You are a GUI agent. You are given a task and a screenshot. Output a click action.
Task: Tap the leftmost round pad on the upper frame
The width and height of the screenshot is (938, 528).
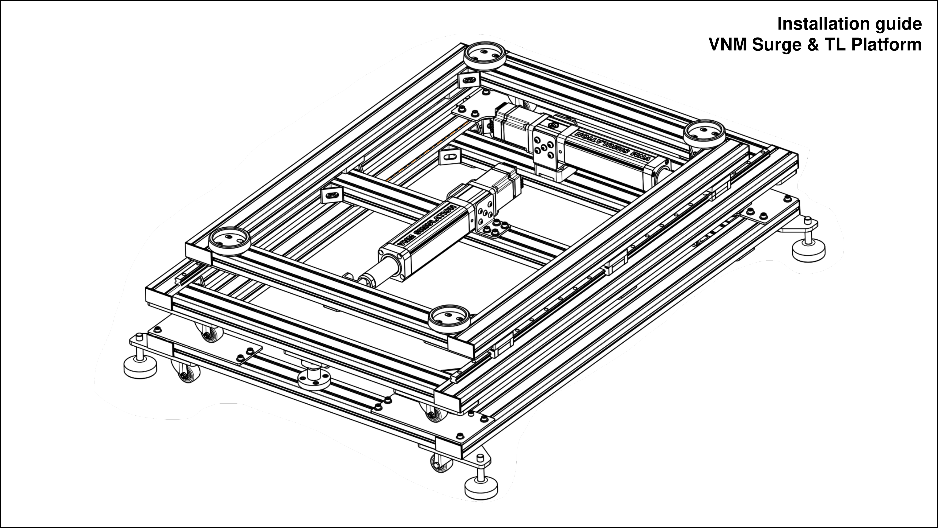tap(229, 241)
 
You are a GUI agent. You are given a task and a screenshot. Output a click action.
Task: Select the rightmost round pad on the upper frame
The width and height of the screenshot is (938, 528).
tap(704, 134)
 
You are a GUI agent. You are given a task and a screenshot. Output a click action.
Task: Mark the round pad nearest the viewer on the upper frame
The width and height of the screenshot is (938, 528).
tap(449, 319)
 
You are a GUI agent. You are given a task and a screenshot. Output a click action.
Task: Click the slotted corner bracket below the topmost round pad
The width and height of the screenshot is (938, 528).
tap(469, 80)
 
